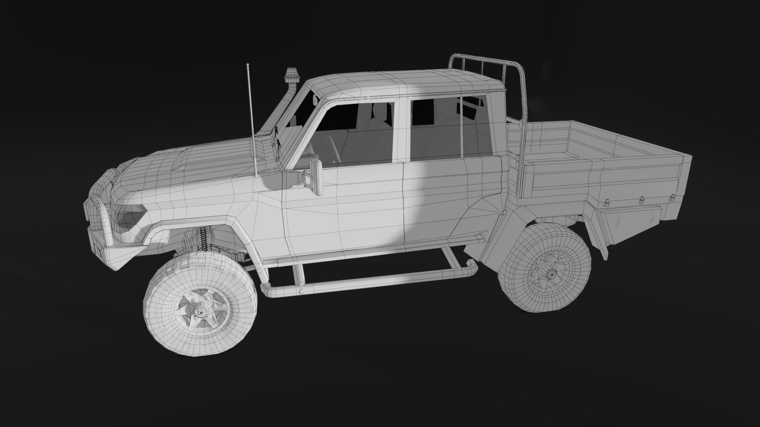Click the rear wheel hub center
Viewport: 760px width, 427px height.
tap(550, 272)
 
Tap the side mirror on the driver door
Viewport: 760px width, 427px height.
tap(316, 177)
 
